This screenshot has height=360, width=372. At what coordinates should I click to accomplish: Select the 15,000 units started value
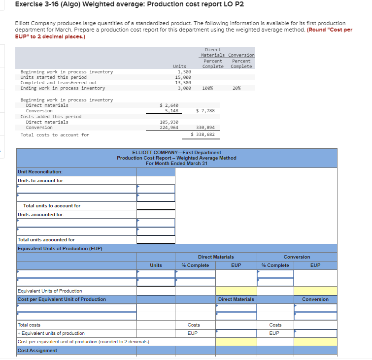click(183, 77)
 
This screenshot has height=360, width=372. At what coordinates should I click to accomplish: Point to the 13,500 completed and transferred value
click(183, 83)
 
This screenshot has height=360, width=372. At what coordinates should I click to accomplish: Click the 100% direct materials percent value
click(207, 88)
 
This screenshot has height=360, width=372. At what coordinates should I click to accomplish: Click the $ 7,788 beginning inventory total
click(205, 111)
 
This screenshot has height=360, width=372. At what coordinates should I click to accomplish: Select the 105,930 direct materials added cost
click(169, 122)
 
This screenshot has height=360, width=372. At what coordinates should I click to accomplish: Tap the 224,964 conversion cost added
click(169, 128)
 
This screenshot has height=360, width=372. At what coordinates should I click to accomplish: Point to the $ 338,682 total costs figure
click(203, 134)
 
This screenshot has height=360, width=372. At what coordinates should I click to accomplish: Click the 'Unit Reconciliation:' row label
click(40, 172)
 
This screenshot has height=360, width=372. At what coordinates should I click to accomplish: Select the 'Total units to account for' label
click(52, 206)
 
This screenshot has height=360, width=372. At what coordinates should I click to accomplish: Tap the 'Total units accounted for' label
click(46, 240)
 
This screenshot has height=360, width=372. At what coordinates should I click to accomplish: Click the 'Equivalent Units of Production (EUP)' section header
click(60, 248)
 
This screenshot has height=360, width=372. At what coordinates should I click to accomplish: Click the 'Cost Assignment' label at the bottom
click(37, 351)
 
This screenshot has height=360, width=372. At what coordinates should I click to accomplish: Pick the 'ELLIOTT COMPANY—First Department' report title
click(176, 153)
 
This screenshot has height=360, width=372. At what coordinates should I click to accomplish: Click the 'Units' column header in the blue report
click(156, 265)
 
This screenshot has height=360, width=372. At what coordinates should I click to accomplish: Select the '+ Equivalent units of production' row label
click(51, 333)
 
